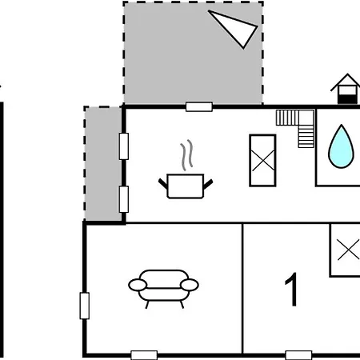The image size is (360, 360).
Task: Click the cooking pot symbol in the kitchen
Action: pos(186,186)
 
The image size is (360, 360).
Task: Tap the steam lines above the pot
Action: pos(186,155)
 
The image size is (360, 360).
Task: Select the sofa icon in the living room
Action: pos(163,289)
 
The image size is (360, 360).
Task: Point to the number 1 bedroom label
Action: pos(291,290)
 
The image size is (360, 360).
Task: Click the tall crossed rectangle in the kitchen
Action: pos(262,160)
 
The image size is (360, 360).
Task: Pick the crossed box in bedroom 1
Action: pos(345,250)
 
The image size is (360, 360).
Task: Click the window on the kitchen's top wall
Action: pos(199,106)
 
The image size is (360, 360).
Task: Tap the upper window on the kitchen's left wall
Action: pos(124,146)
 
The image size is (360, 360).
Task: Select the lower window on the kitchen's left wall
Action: pos(124,199)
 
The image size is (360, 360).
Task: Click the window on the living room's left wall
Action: pos(85,306)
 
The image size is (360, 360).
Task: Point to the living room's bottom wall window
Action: pos(144,355)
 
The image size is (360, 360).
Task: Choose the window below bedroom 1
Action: pos(298,355)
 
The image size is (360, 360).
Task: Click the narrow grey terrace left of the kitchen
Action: pos(103,163)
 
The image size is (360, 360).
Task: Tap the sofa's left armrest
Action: pos(138,285)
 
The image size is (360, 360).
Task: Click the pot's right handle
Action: pos(208,184)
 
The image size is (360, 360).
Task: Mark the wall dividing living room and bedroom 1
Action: pos(242,289)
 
